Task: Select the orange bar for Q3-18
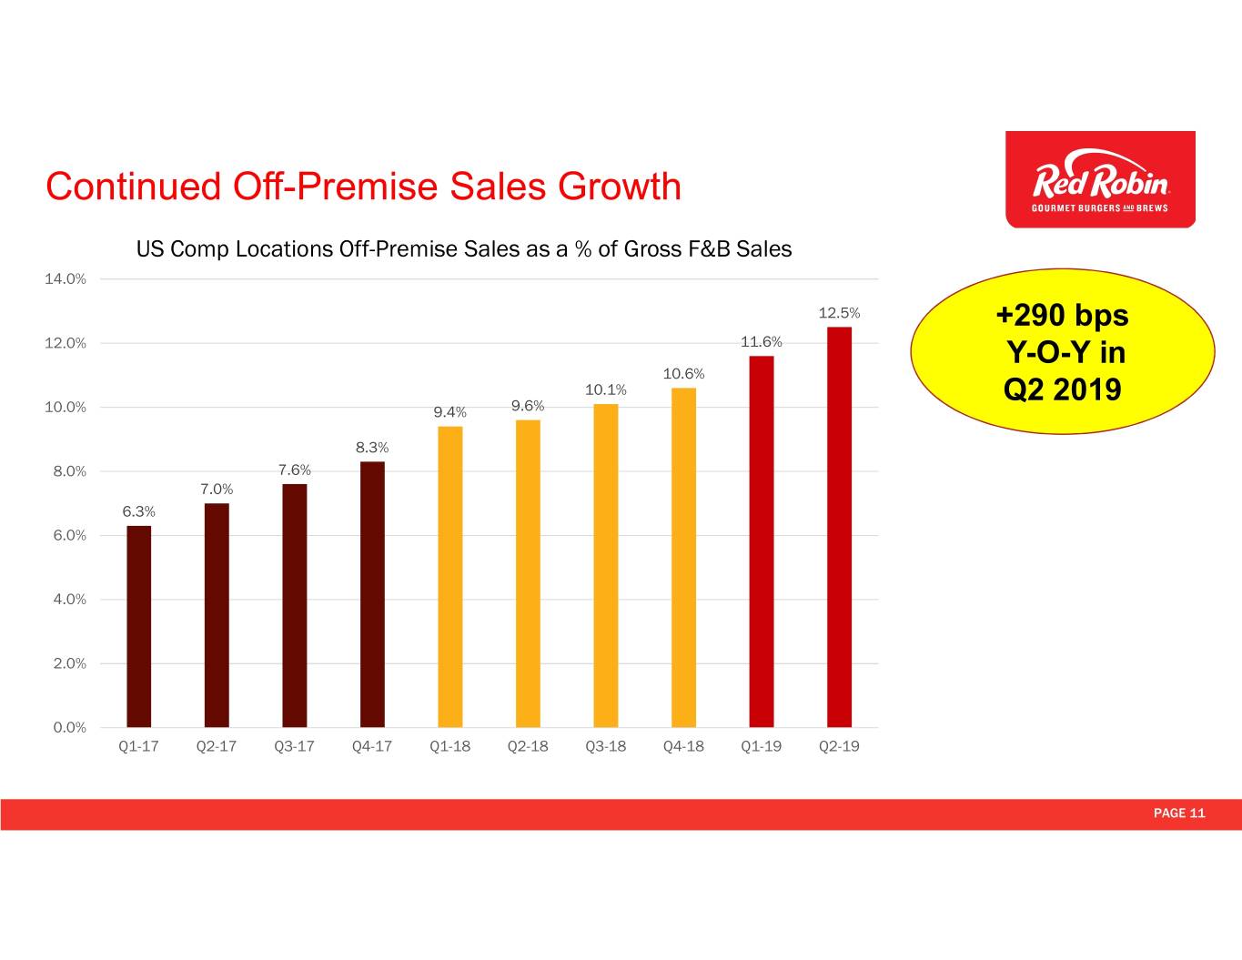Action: click(x=605, y=565)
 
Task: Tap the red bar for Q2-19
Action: click(x=839, y=527)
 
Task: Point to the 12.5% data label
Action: click(x=839, y=313)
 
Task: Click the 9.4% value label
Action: click(x=449, y=412)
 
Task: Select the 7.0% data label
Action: click(x=217, y=490)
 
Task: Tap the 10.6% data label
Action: click(x=683, y=374)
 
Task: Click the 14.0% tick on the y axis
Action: click(x=66, y=279)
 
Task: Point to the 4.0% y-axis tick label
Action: click(x=66, y=600)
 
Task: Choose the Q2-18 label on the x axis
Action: click(x=528, y=746)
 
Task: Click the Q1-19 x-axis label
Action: click(x=761, y=746)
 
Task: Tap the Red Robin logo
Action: click(x=1100, y=179)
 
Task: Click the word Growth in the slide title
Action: click(x=620, y=187)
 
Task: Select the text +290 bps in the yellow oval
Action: click(x=1062, y=315)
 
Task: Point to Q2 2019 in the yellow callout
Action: click(x=1062, y=389)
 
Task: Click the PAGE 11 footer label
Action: click(x=1178, y=813)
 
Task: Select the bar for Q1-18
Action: click(x=449, y=577)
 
